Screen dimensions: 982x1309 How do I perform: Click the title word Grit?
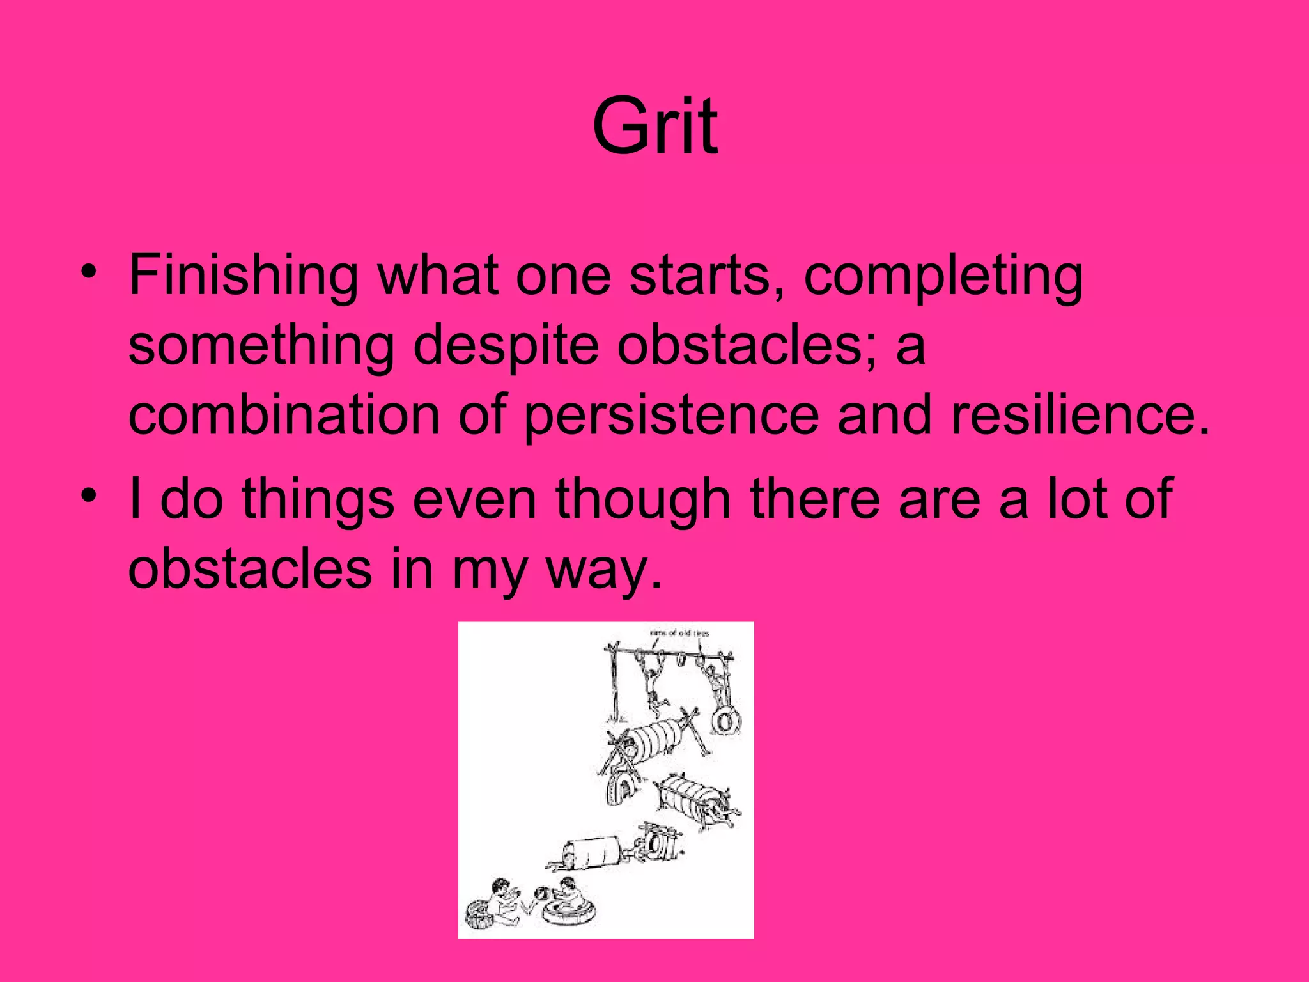(654, 125)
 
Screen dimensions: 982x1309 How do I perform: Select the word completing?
(943, 276)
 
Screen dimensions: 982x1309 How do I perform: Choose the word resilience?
(1080, 416)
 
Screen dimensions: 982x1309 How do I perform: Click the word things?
(318, 501)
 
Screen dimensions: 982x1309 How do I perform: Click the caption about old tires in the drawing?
(679, 634)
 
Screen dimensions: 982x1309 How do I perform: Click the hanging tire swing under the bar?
(726, 721)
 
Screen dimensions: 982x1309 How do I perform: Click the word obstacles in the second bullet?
(250, 570)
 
